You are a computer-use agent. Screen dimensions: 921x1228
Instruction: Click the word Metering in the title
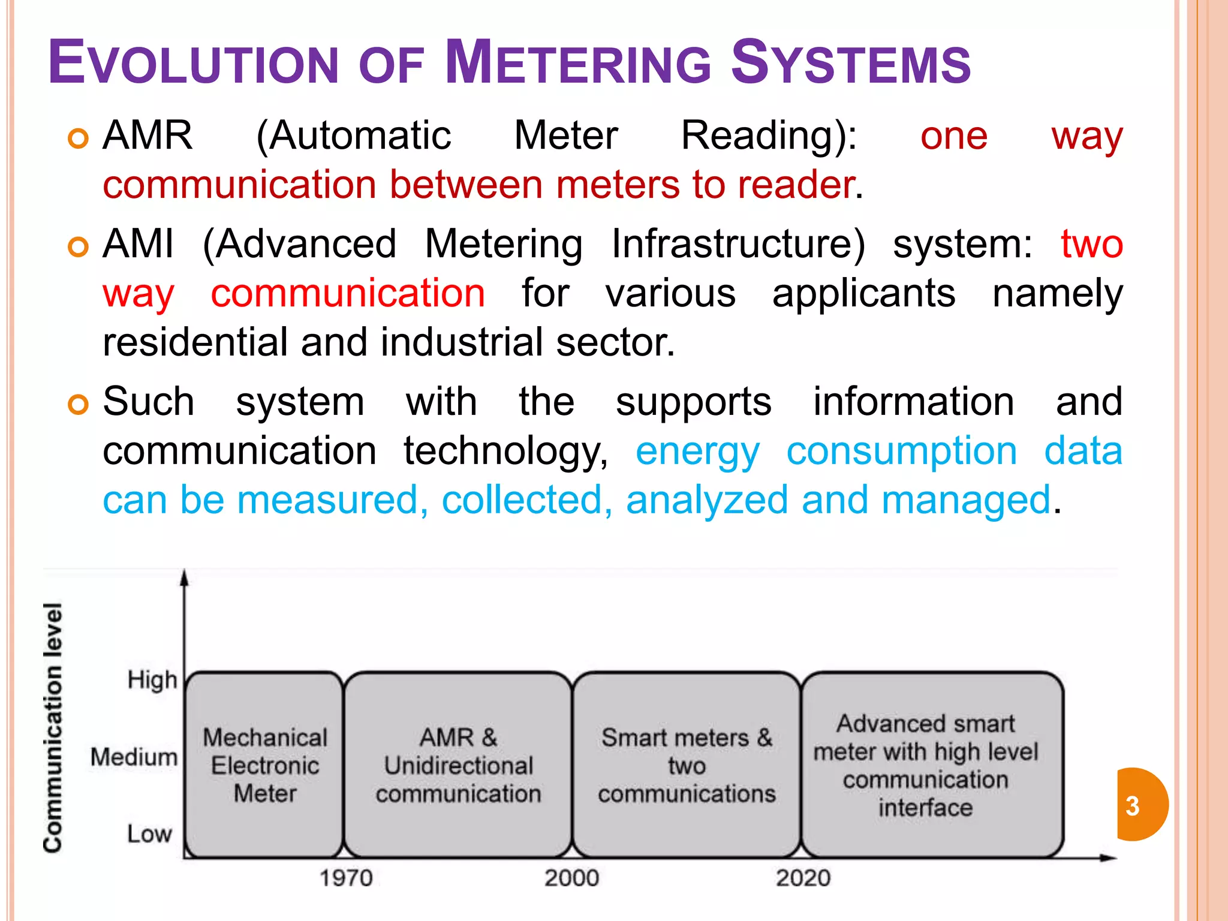(578, 63)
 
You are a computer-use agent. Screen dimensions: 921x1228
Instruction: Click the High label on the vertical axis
(152, 681)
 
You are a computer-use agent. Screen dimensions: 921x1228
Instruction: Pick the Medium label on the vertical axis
(134, 757)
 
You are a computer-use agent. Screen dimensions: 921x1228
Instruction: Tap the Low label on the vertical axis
(149, 834)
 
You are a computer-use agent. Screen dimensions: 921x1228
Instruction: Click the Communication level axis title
(53, 727)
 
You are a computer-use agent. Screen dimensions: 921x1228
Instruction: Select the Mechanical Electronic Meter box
(264, 765)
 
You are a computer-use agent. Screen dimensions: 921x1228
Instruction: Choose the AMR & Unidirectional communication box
(458, 765)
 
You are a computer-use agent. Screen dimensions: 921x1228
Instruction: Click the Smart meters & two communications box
(687, 765)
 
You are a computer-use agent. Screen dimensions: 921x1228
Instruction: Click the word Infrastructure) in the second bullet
(738, 245)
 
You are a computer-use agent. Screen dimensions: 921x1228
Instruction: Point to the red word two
(1091, 245)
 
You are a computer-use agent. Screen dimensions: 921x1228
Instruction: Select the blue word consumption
(901, 452)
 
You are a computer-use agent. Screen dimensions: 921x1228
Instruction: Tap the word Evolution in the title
(194, 63)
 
